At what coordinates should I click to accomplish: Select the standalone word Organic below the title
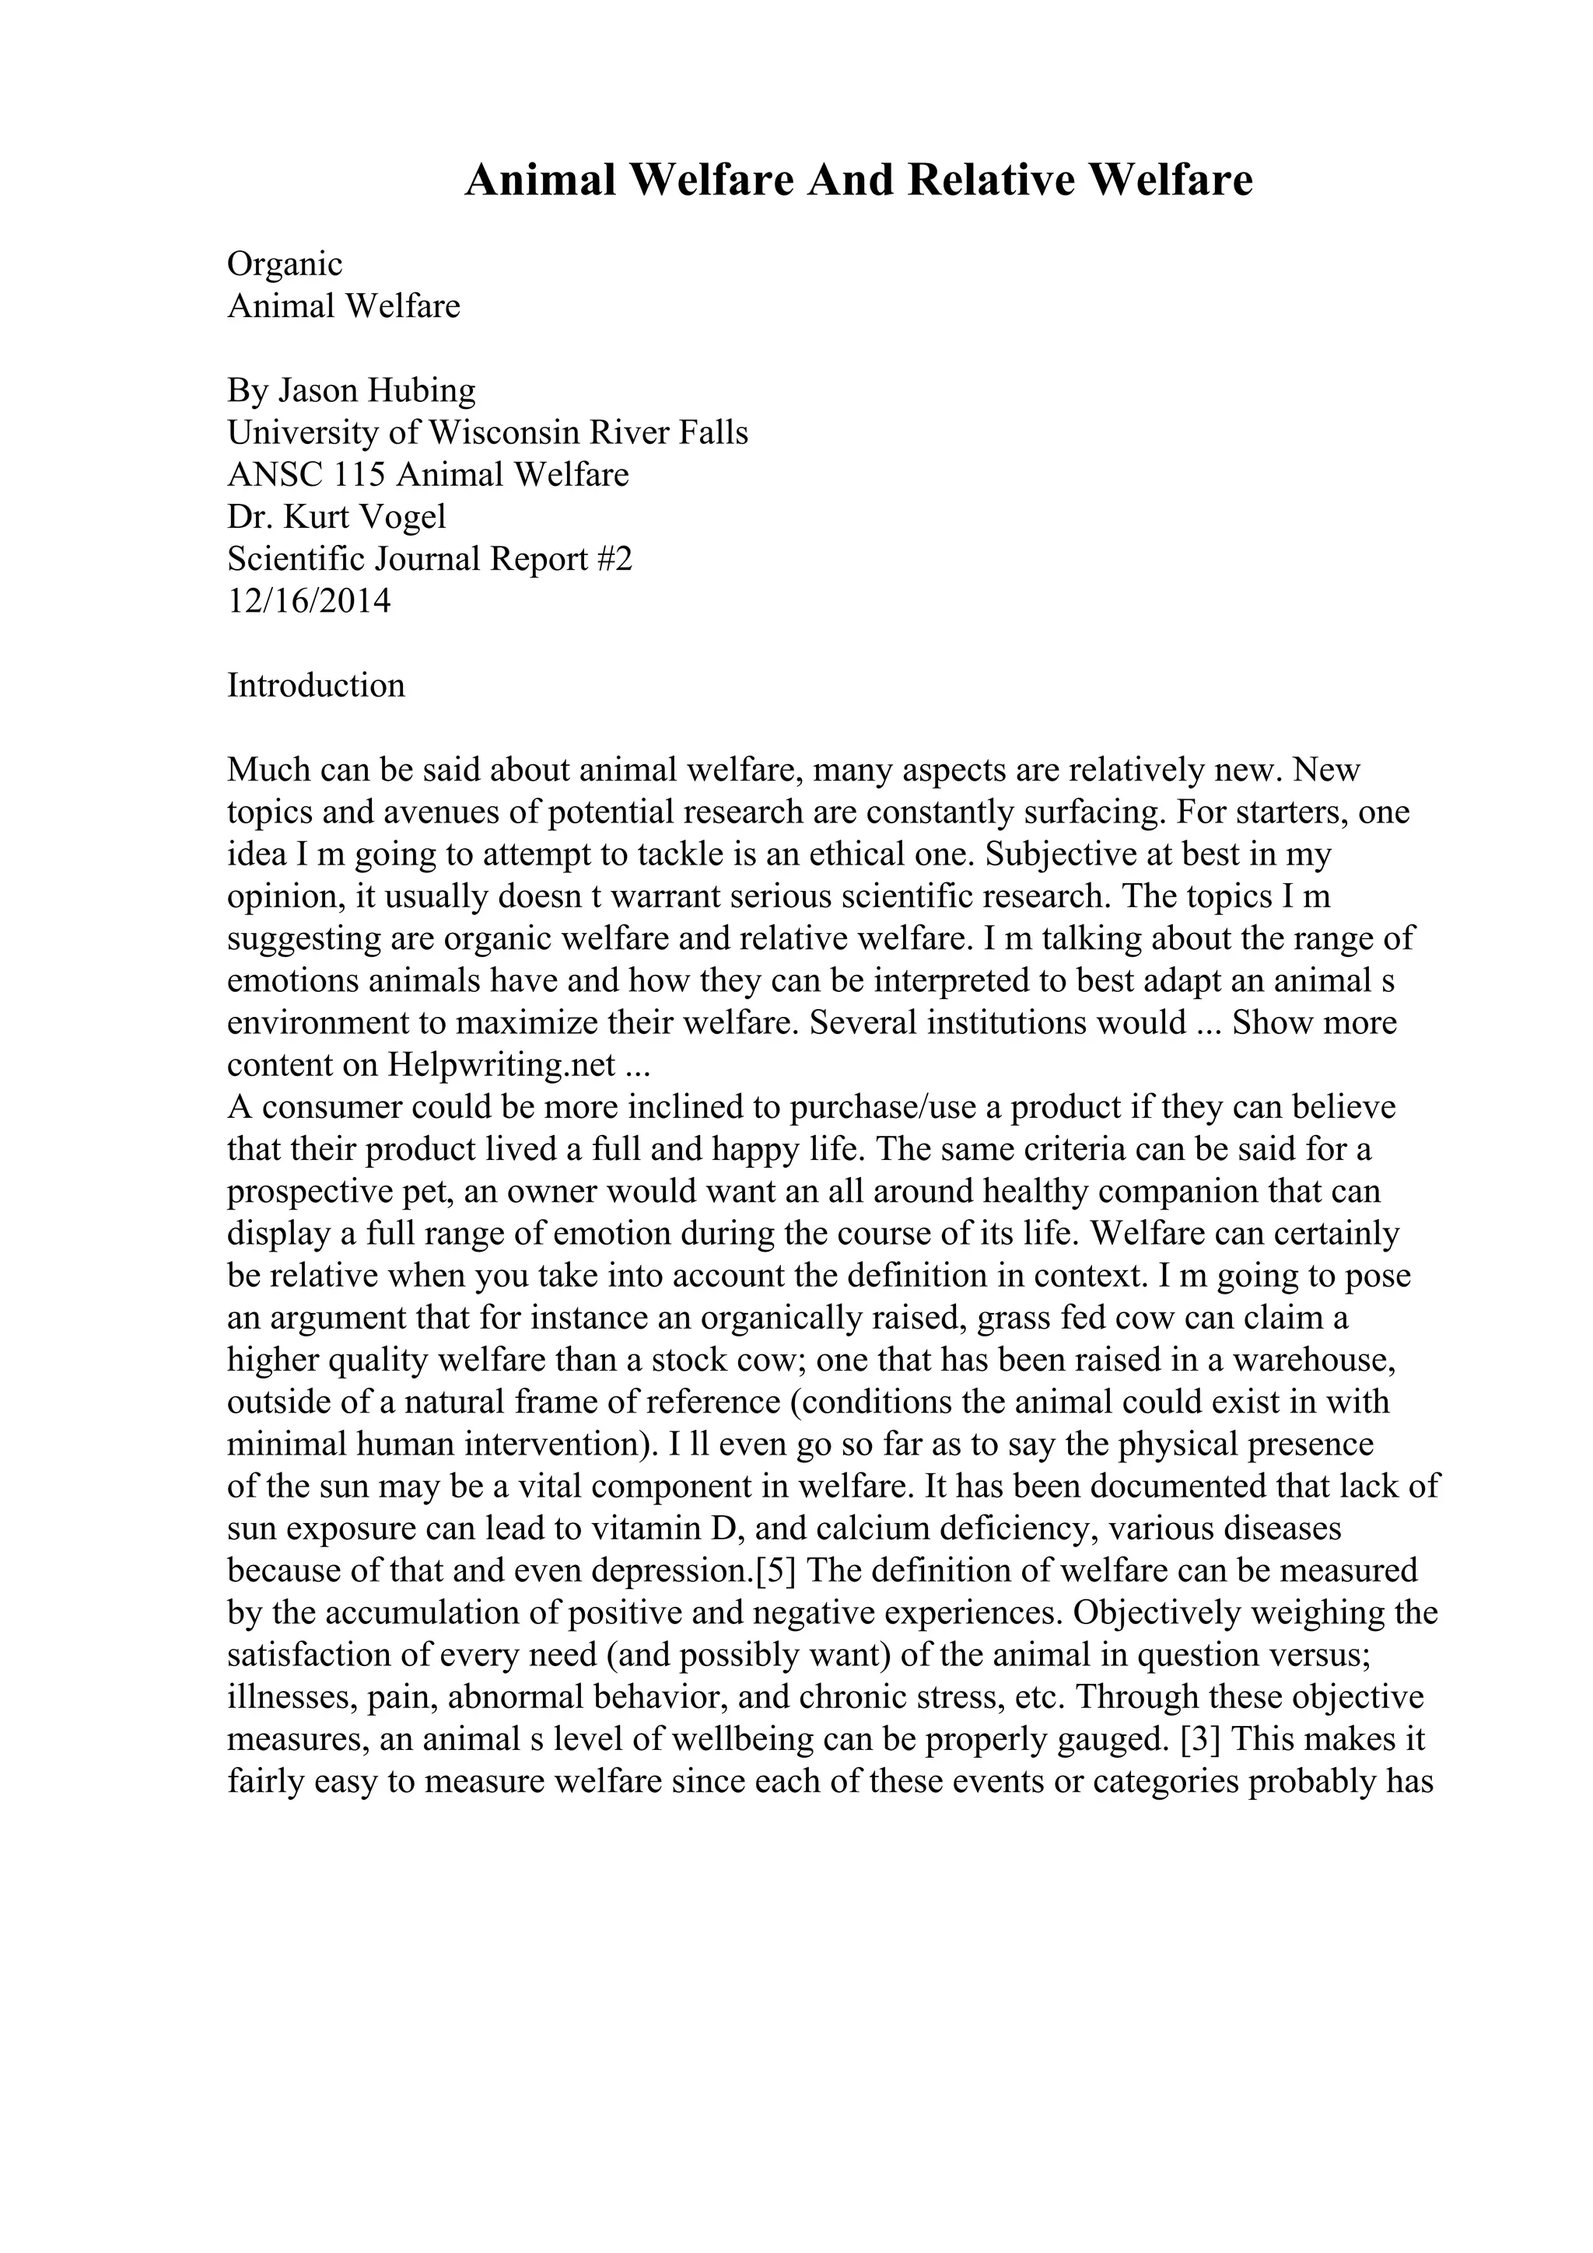(285, 264)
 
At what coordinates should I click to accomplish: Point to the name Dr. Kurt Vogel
(336, 517)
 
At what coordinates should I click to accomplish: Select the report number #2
(614, 559)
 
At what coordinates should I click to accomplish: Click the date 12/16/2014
(309, 600)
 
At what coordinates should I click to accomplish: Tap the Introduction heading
(315, 685)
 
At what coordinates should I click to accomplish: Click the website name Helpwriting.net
(502, 1064)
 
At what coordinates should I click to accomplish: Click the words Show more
(1313, 1022)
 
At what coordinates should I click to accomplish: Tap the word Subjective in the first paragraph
(1060, 854)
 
